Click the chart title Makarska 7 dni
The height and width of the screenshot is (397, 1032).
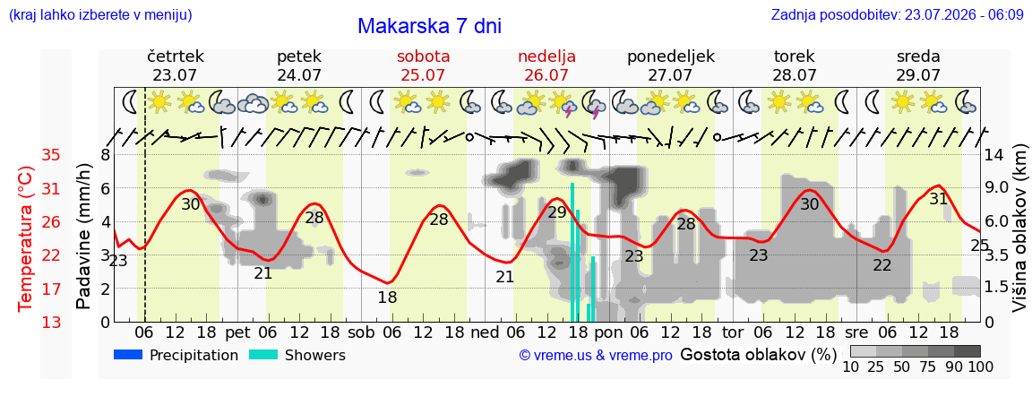[x=430, y=26]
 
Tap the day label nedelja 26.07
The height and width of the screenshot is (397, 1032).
[x=546, y=65]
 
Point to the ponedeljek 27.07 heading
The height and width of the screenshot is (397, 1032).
[x=671, y=65]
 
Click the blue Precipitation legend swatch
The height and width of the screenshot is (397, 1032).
[x=128, y=356]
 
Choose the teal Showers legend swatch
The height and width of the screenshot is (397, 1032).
[x=263, y=356]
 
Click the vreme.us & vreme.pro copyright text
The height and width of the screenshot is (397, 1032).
[x=596, y=356]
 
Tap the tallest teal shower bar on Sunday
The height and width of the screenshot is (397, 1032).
[x=572, y=252]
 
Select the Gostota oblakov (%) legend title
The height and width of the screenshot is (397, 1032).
[x=758, y=356]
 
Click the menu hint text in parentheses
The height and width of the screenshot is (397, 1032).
[x=100, y=14]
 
